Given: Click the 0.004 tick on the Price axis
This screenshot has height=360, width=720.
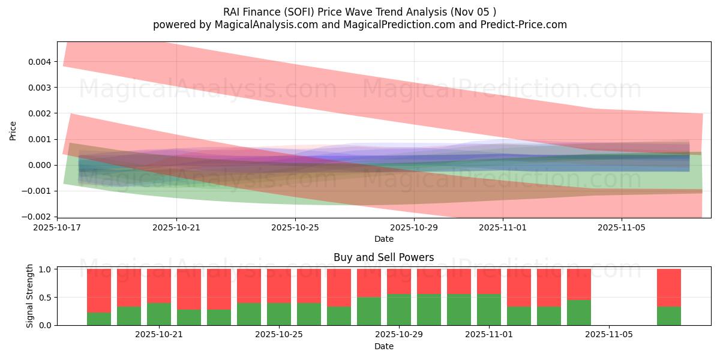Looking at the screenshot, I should click(43, 62).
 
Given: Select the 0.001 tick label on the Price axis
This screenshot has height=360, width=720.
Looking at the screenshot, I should click(43, 139).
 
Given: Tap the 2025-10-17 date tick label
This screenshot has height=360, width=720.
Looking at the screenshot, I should click(58, 228).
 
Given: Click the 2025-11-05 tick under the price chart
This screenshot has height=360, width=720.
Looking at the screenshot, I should click(622, 228).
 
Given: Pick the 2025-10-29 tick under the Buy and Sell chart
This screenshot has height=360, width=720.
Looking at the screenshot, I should click(399, 335).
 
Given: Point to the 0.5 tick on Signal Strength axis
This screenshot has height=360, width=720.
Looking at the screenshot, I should click(46, 298).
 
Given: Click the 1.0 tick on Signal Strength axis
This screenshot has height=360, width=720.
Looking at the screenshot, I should click(46, 269).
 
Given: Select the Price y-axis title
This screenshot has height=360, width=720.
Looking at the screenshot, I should click(13, 130).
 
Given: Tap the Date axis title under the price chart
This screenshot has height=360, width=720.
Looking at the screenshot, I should click(384, 239).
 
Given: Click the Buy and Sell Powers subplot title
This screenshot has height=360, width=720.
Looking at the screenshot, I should click(384, 257).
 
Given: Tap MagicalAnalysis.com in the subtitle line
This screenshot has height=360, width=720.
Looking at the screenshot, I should click(262, 25).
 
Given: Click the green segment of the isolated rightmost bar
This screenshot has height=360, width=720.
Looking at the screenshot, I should click(669, 316).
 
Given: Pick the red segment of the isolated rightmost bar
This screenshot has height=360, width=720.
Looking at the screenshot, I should click(669, 287).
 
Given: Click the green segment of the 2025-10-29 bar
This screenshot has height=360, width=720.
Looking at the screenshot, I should click(399, 310).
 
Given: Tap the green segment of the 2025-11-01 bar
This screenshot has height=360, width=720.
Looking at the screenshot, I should click(489, 310).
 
